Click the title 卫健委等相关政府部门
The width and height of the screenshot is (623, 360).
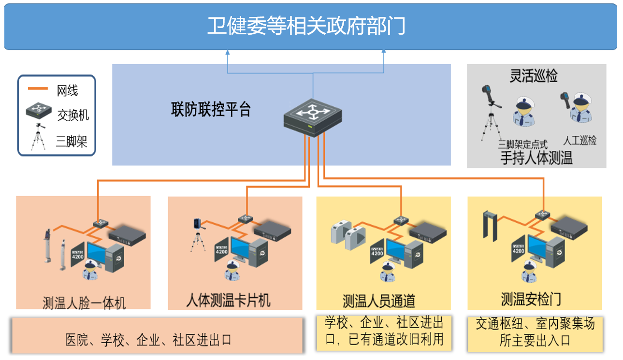click(306, 26)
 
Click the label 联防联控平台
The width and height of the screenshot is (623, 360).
click(211, 110)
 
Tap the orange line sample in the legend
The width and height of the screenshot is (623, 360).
click(38, 88)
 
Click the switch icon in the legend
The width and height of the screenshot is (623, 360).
click(39, 111)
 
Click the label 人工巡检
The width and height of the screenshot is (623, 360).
click(580, 141)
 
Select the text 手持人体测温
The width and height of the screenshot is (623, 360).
click(536, 158)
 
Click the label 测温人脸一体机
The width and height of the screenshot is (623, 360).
click(84, 303)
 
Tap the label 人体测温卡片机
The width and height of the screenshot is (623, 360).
click(228, 301)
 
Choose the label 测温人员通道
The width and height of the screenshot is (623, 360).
click(379, 301)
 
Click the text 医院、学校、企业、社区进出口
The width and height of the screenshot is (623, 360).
click(148, 340)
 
